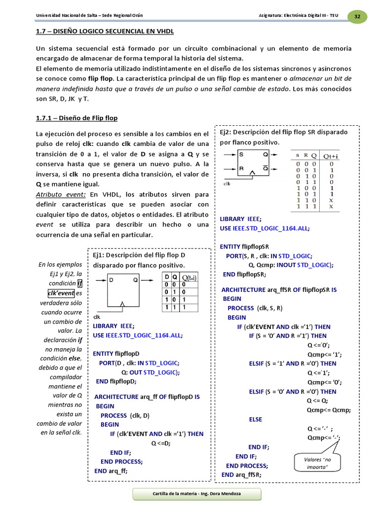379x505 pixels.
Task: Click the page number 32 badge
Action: tap(357, 16)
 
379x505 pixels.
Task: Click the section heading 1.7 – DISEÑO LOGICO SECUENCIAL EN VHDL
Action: tap(105, 32)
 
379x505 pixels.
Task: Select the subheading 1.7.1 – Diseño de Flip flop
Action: tap(76, 118)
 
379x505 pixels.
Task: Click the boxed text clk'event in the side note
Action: tap(57, 293)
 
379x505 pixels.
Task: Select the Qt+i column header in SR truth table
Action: tap(334, 155)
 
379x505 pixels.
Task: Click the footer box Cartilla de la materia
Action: tap(189, 494)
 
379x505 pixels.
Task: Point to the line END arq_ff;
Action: tap(111, 470)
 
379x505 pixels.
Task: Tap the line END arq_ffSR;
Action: tap(241, 474)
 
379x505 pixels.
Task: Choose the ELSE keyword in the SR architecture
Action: tap(256, 419)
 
